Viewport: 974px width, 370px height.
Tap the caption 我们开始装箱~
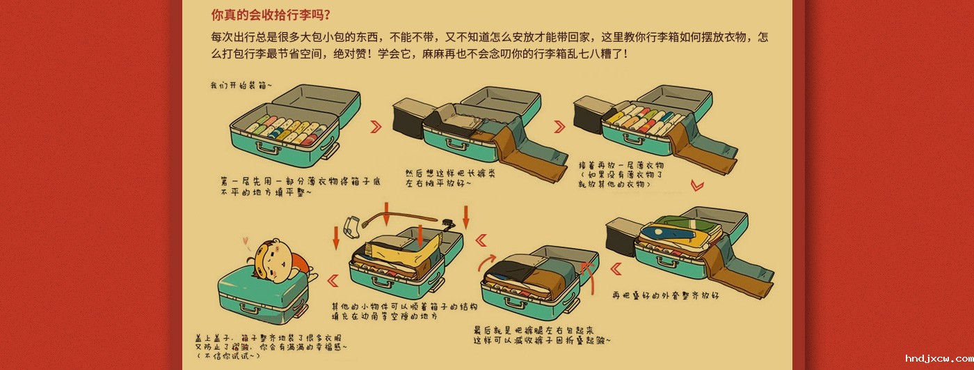pos(241,85)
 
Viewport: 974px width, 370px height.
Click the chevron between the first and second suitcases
pos(376,126)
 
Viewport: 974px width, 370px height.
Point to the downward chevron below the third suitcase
pos(697,185)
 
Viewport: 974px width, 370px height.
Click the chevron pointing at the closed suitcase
pos(333,281)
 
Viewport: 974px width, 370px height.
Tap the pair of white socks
pos(352,225)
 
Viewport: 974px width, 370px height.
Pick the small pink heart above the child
pos(245,242)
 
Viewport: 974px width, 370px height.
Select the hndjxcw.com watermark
pos(932,358)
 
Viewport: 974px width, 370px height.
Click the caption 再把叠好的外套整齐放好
pos(665,295)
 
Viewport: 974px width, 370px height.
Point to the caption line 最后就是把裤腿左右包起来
pos(534,330)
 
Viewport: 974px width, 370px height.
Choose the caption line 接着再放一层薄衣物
pos(621,166)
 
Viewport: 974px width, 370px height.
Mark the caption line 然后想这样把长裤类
pos(440,173)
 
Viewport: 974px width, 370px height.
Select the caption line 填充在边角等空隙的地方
pos(385,316)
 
